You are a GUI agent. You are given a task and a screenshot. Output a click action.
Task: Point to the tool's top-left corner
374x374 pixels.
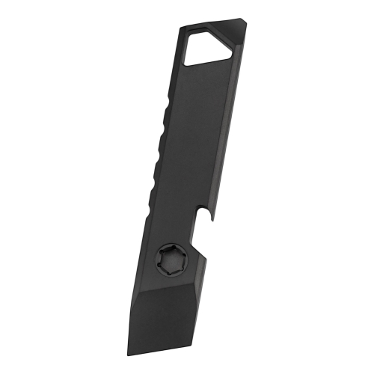click(x=181, y=28)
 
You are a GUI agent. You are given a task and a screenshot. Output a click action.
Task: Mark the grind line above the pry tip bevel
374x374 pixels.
click(x=165, y=285)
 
